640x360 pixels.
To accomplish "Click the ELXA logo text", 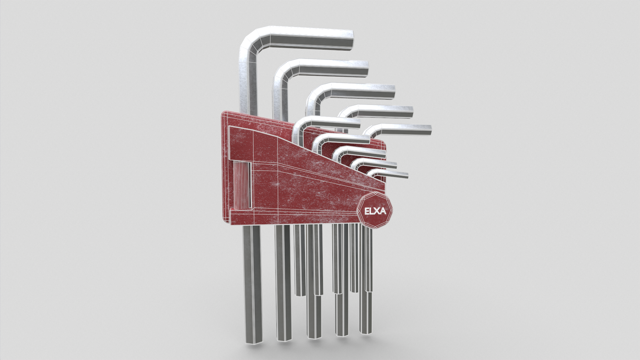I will point(375,211).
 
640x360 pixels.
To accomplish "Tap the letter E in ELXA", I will point(367,211).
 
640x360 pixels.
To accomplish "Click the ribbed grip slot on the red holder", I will point(242,185).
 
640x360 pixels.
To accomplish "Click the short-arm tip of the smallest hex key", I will point(406,175).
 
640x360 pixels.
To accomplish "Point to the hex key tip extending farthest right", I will point(429,130).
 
